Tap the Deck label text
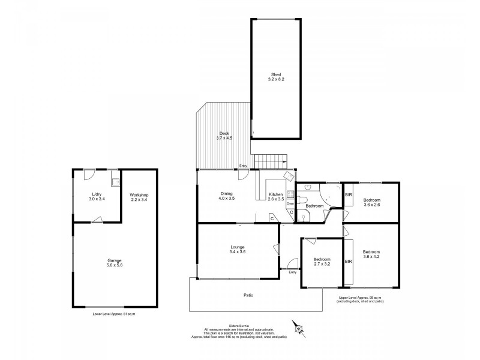(224, 133)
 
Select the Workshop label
(139, 196)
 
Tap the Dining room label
(227, 193)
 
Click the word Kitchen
(275, 193)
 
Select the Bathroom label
(314, 206)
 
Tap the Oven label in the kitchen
(290, 203)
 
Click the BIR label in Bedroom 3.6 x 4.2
(348, 262)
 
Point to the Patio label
(248, 295)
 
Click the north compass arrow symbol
(298, 328)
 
